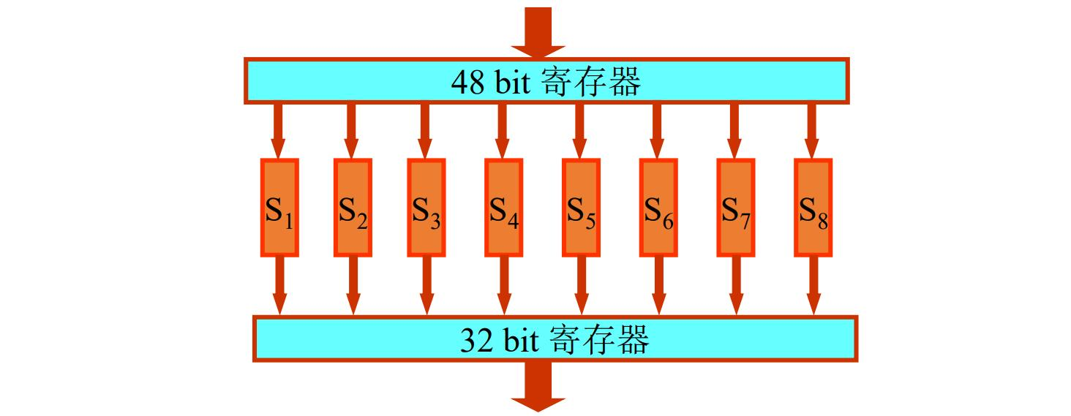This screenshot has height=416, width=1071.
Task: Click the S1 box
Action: click(279, 208)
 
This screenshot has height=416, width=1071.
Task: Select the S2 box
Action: click(353, 208)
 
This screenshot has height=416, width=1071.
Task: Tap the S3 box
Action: click(425, 208)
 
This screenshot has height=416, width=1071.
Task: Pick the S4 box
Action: click(503, 208)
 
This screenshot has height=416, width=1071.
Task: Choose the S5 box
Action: click(581, 208)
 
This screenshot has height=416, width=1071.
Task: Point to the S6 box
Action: click(658, 208)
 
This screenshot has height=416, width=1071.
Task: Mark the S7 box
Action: click(735, 208)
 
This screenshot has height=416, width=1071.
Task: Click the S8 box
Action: click(812, 208)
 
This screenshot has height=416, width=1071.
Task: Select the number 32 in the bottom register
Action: click(476, 341)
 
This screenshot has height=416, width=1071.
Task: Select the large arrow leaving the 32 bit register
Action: click(538, 385)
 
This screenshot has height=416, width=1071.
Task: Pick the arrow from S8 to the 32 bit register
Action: click(812, 285)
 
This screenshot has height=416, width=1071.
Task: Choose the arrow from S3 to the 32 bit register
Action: click(425, 285)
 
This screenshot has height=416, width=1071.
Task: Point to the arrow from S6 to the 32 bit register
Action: click(658, 285)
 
